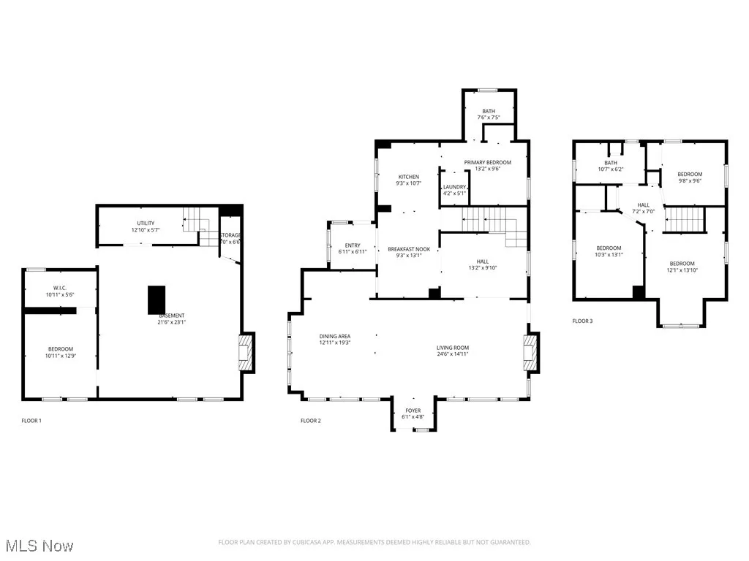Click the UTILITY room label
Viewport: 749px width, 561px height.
point(145,224)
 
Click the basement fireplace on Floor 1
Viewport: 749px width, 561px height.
point(248,354)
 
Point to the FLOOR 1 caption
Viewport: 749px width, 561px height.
point(31,421)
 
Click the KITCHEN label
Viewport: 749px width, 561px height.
point(408,177)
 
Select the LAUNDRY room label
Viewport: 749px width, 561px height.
point(453,188)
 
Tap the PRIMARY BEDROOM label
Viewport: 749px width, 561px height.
point(487,162)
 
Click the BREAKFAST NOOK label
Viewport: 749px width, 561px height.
point(408,249)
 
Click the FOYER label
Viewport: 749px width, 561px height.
point(413,411)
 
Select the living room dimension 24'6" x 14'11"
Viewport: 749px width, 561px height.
point(453,354)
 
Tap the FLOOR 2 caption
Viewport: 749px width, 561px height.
point(311,421)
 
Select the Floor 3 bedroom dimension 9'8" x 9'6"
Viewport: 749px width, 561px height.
point(689,181)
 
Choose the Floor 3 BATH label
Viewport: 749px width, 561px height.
point(610,163)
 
